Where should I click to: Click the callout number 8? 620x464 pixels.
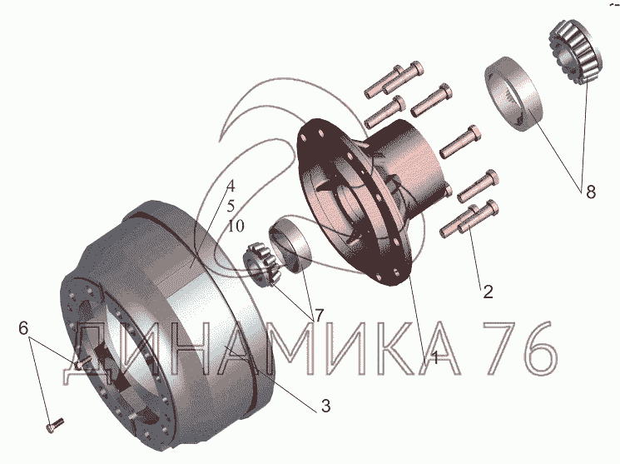click(590, 192)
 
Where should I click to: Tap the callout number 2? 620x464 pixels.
click(488, 292)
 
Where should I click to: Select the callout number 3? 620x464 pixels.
click(325, 407)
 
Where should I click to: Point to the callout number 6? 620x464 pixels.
click(23, 328)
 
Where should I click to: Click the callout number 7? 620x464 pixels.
click(319, 316)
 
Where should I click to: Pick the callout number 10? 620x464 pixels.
click(236, 227)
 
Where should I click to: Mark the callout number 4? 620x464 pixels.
click(231, 186)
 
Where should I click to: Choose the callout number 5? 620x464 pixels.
click(231, 207)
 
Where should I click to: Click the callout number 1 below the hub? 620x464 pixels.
click(434, 357)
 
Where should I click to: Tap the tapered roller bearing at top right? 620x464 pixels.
click(575, 52)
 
